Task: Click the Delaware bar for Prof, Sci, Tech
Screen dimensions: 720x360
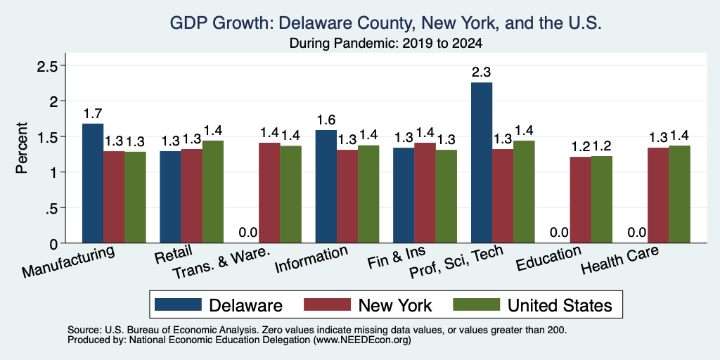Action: tap(482, 162)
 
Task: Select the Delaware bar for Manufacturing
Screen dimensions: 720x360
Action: tap(93, 184)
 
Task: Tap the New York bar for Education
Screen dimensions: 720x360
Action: tap(580, 200)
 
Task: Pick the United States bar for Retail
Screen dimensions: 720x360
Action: tap(213, 192)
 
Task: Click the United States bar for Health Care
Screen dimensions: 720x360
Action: tap(680, 194)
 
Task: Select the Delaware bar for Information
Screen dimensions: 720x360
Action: tap(326, 186)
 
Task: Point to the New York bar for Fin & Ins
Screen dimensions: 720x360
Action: tap(425, 193)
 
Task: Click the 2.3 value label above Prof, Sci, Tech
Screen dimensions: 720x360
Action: tap(482, 72)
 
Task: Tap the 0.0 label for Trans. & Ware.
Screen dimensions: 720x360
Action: tap(248, 232)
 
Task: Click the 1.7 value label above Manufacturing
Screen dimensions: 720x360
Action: tap(93, 113)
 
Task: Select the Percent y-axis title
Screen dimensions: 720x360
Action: tap(22, 148)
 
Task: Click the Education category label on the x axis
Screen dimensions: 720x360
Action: tap(548, 259)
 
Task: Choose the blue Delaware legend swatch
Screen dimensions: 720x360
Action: tap(178, 304)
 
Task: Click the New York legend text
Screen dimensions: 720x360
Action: tap(395, 305)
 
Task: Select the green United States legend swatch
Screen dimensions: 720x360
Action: tap(477, 304)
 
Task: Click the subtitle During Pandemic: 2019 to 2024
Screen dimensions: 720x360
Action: tap(386, 44)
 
